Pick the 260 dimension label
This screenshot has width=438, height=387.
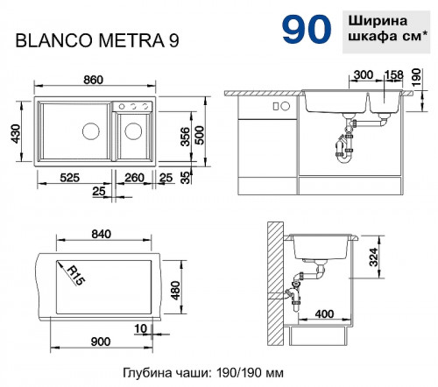click(135, 178)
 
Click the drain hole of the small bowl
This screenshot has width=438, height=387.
click(133, 131)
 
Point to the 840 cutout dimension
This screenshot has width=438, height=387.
click(102, 235)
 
